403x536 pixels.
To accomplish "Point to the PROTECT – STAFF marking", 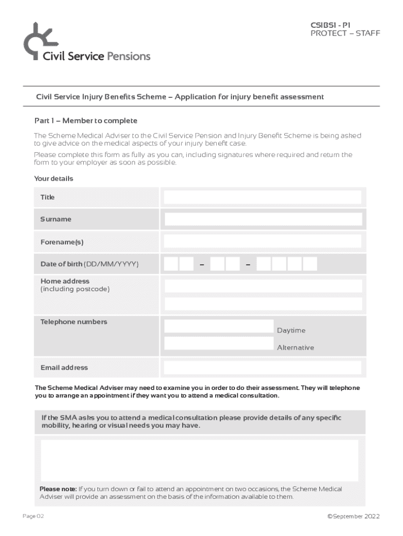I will (345, 33).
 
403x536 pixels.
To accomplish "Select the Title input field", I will (262, 197).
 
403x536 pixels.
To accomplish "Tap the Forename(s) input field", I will (262, 241).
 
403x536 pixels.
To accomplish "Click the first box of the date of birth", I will (171, 264).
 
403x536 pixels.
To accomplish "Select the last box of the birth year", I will (310, 264).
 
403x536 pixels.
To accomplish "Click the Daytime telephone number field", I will (219, 327).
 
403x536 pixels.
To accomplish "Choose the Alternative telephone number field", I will (219, 343).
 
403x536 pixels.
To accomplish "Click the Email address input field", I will (262, 367).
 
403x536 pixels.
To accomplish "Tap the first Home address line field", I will (263, 286).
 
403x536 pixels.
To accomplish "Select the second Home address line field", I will (263, 304).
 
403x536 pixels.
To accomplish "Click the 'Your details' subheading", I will (53, 178).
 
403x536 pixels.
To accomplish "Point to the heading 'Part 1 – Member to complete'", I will (86, 121).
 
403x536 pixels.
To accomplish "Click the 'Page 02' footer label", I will (33, 516).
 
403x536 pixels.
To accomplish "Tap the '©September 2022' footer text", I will (353, 516).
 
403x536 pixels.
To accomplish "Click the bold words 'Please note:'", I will (58, 489).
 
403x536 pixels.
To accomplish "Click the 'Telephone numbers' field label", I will (74, 322).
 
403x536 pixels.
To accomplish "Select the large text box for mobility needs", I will (199, 460).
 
